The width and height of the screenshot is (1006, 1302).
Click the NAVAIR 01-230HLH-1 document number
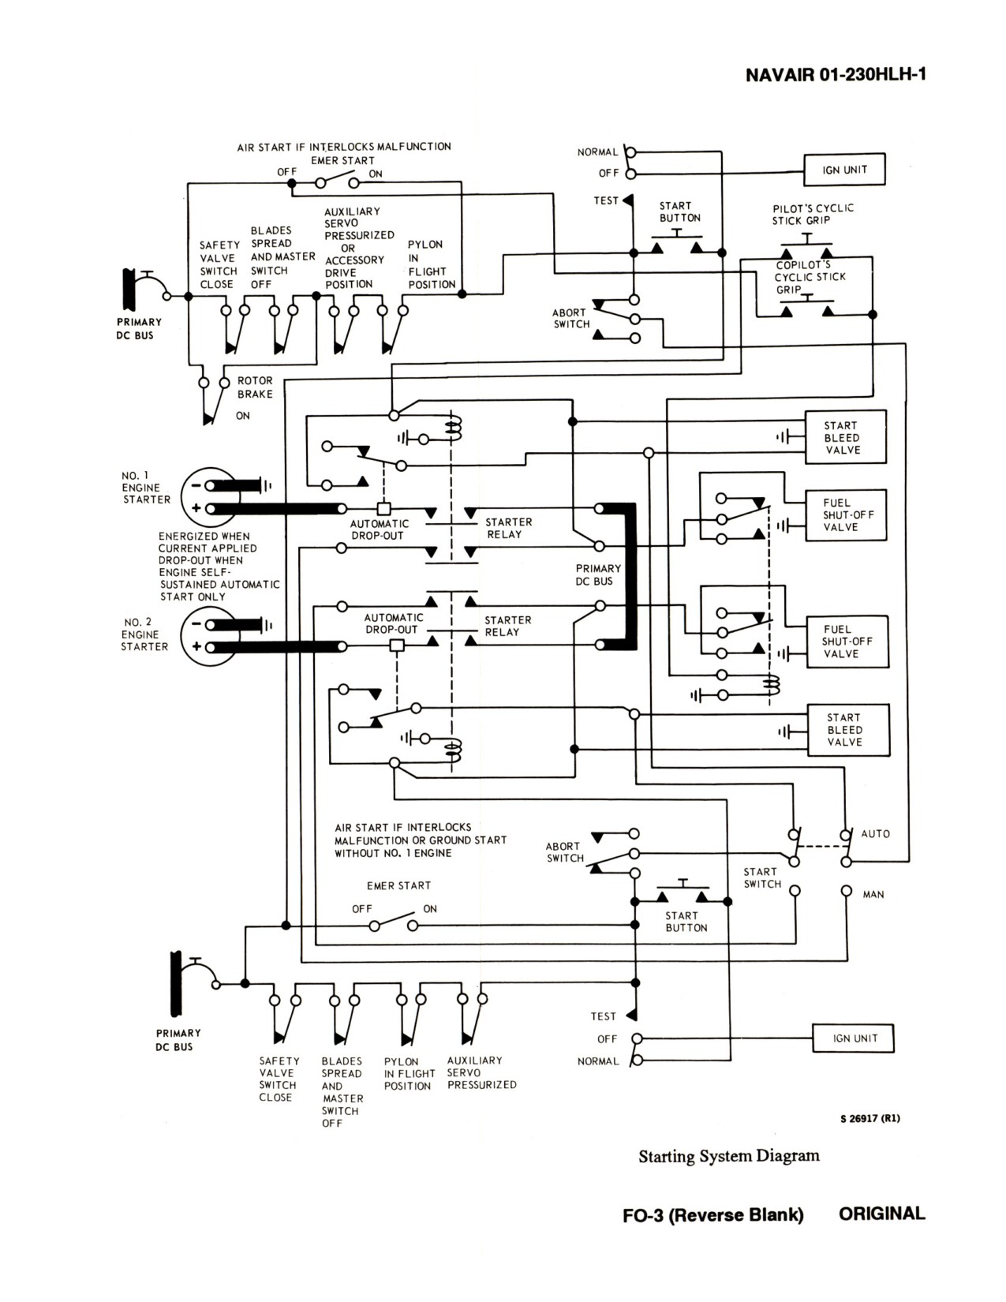836,75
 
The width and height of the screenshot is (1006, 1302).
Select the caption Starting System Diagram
728,1155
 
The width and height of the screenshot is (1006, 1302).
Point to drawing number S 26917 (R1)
870,1117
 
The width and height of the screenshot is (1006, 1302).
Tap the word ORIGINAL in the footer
882,1214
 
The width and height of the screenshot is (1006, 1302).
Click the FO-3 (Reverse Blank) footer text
713,1214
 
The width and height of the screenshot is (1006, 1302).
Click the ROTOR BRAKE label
255,387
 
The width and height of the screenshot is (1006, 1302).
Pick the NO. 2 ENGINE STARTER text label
144,634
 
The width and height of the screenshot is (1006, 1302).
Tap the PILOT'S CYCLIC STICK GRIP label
813,215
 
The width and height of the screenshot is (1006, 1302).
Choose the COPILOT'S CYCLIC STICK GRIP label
810,277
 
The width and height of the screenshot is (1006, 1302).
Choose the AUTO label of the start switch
875,833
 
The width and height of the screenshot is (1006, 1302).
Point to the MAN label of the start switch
873,894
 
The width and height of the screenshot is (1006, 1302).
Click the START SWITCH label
762,877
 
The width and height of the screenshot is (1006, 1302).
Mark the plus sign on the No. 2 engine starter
196,646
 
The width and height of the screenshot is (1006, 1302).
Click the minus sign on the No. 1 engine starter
196,485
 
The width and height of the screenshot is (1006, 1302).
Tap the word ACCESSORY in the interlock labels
354,260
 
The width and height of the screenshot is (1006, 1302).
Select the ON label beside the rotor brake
243,416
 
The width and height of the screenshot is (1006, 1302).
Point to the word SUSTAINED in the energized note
185,584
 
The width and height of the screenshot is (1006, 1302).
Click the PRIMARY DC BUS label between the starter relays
598,574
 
